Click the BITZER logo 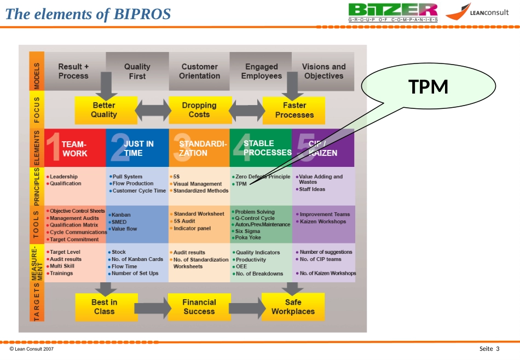click(x=393, y=12)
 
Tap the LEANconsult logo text click(x=489, y=13)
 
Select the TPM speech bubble click(x=429, y=86)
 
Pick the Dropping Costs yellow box click(x=200, y=110)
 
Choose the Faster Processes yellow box click(x=294, y=111)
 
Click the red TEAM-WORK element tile click(x=76, y=148)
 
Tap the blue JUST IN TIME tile click(x=137, y=148)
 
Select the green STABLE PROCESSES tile click(x=261, y=148)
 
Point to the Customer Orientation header click(x=200, y=71)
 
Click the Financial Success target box click(x=199, y=307)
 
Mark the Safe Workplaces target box click(x=293, y=307)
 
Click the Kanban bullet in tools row click(x=119, y=215)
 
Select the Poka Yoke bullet click(x=246, y=237)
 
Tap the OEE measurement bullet click(x=240, y=266)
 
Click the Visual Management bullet click(x=196, y=184)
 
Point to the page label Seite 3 click(x=489, y=349)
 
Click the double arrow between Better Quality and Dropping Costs click(x=153, y=111)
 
